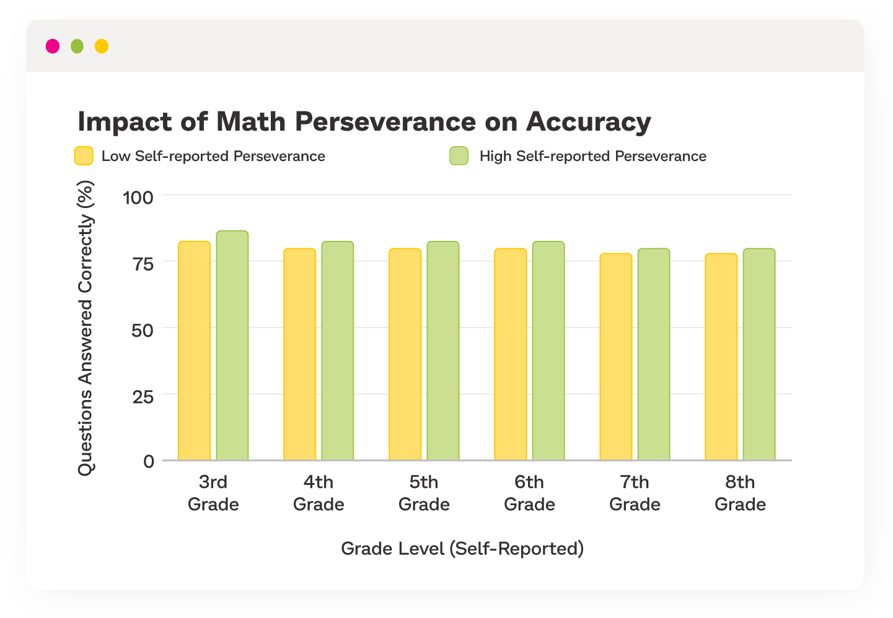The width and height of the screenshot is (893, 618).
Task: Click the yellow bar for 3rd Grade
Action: tap(195, 350)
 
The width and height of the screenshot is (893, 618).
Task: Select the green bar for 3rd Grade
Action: tap(232, 346)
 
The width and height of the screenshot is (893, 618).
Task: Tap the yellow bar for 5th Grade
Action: tap(405, 354)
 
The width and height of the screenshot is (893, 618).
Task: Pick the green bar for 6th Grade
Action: tap(548, 350)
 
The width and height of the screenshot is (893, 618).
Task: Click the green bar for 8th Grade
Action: tap(759, 354)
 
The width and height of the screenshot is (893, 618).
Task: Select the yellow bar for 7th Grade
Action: tap(616, 357)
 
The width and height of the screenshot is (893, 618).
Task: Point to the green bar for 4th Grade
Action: tap(338, 350)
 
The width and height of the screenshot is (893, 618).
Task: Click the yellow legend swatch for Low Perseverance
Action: tap(84, 156)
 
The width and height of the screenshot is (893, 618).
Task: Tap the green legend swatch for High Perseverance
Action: tap(459, 156)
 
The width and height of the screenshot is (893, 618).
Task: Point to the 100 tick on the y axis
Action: tap(138, 198)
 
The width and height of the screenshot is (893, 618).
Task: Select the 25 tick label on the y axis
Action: tap(143, 396)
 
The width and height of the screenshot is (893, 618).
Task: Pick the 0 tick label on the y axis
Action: tap(149, 461)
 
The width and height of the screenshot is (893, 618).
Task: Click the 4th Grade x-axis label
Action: tap(319, 493)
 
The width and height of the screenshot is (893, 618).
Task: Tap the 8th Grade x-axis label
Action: tap(740, 493)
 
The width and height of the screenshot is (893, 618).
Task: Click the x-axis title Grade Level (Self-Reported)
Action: tap(462, 549)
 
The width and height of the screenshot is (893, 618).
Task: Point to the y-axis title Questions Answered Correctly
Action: tap(85, 328)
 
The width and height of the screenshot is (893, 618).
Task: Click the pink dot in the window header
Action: tap(53, 46)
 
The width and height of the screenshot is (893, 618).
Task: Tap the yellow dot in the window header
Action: tap(102, 46)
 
